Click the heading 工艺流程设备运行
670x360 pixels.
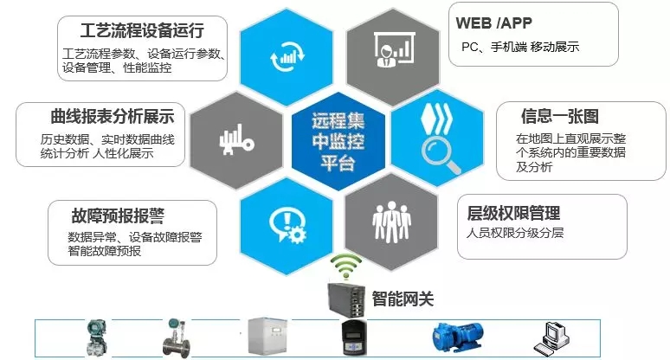tap(142, 32)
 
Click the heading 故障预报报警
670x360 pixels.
tap(118, 215)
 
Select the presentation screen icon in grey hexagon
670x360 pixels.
tap(387, 51)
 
